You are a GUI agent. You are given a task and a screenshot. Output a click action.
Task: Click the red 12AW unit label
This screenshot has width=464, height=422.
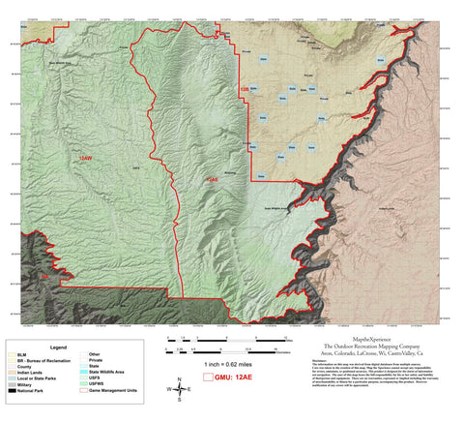(86, 157)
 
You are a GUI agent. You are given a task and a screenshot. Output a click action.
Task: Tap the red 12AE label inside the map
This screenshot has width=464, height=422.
(210, 180)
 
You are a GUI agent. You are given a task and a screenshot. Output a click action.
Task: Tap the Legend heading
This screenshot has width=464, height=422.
(59, 346)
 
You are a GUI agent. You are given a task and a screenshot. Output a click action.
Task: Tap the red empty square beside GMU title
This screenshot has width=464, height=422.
(207, 377)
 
